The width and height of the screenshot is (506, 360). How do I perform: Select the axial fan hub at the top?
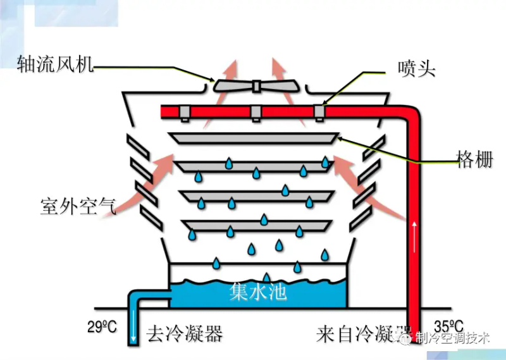[x=257, y=85]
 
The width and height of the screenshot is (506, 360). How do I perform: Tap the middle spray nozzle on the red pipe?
[x=256, y=113]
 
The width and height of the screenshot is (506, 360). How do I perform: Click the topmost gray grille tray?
[x=254, y=137]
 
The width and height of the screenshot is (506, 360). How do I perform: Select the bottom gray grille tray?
[x=257, y=224]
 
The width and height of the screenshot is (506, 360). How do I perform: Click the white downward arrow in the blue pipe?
[x=134, y=332]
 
